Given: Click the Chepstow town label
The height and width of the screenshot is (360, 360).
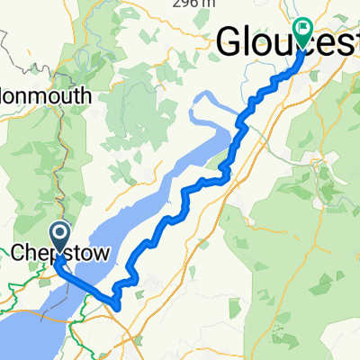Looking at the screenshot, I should click(61, 255).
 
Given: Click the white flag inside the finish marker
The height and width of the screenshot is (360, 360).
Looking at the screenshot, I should click(301, 28).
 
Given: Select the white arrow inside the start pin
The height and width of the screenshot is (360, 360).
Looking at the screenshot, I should click(59, 235).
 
